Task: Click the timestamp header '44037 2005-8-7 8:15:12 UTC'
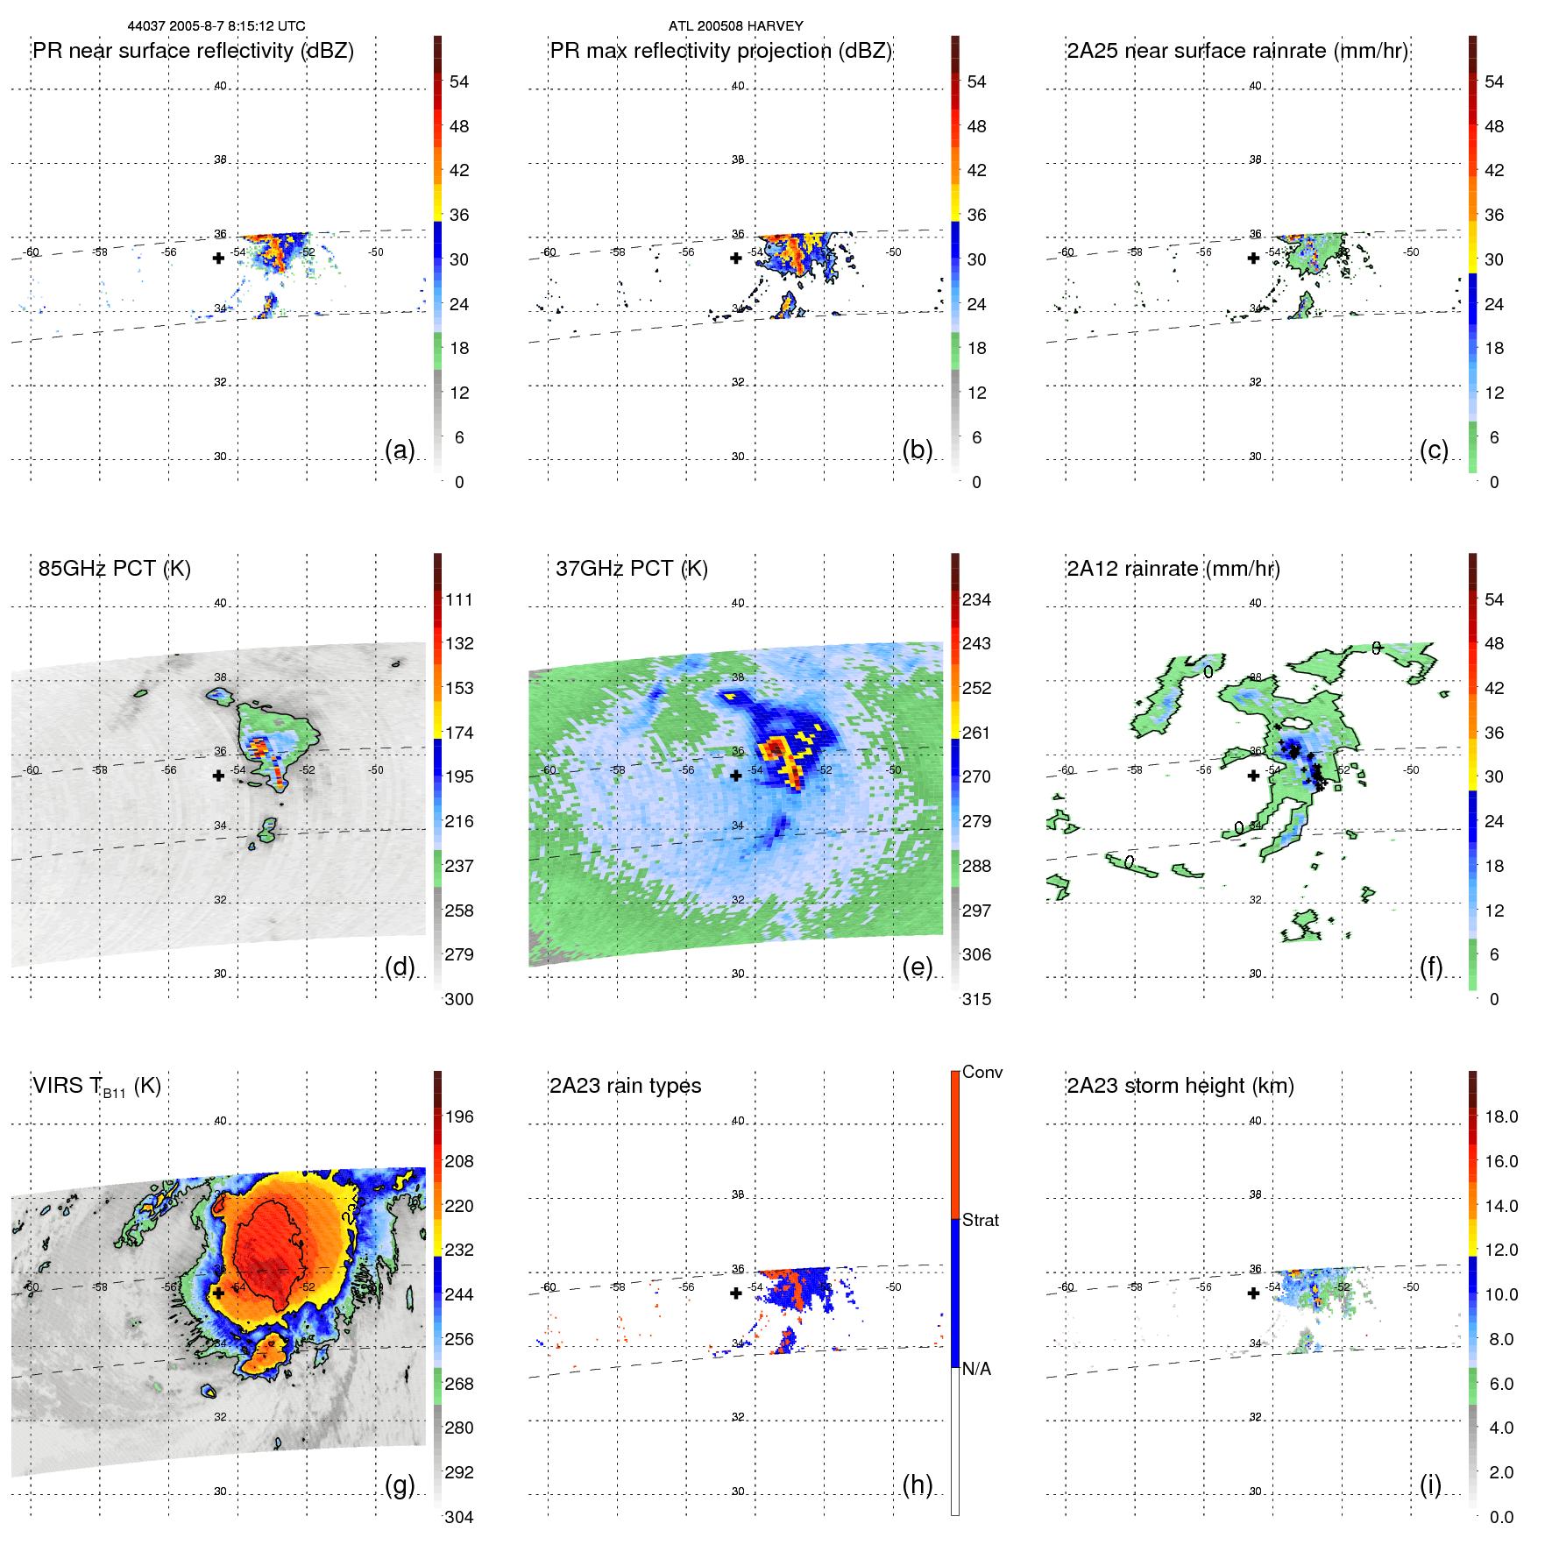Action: point(216,26)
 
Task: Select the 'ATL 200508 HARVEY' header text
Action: point(735,26)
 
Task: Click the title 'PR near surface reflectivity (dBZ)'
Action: point(193,51)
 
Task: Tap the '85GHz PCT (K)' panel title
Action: point(114,569)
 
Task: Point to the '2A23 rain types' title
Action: point(625,1086)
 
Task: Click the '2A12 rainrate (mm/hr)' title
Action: point(1173,569)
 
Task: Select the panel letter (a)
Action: point(400,450)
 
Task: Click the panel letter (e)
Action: point(917,967)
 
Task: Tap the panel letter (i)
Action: point(1430,1485)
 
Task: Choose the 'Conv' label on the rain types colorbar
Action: point(982,1072)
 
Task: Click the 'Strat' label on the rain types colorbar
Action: point(980,1220)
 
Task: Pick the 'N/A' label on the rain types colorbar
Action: point(976,1369)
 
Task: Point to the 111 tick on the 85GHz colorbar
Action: point(459,600)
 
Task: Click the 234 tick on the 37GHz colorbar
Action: point(976,600)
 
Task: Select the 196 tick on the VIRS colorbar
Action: point(459,1117)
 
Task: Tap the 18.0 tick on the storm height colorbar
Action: point(1500,1117)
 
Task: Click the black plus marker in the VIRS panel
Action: point(218,1293)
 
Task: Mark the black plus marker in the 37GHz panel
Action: point(736,776)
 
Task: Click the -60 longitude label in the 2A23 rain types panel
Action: point(549,1287)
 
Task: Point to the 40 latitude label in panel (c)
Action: point(1255,86)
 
